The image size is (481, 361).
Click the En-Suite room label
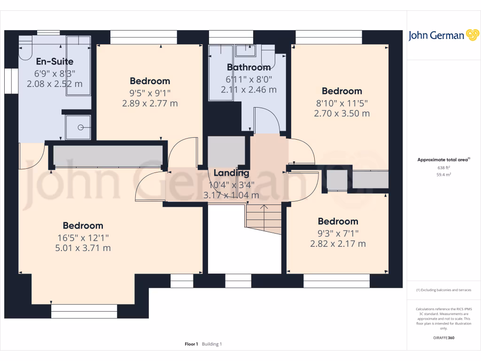click(54, 62)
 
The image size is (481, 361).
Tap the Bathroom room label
click(248, 67)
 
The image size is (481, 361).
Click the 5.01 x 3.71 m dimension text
click(83, 248)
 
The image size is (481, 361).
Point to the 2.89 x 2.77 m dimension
click(150, 103)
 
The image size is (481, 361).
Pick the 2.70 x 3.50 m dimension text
click(341, 113)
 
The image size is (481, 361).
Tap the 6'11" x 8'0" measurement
click(248, 78)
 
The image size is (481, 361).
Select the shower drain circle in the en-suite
click(81, 127)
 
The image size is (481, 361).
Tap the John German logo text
click(436, 36)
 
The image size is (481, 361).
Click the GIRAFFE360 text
click(443, 338)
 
